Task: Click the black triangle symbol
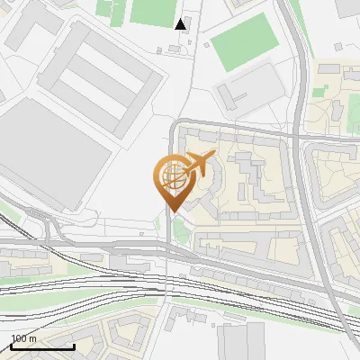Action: coord(181,24)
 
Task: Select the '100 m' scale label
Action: coord(24,339)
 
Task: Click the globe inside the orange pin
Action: coord(173,175)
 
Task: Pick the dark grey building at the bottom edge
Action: coord(242,342)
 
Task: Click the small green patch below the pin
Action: coord(182,232)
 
